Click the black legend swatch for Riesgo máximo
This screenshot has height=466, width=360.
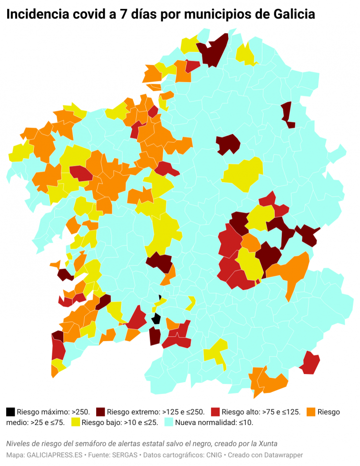coord(10,412)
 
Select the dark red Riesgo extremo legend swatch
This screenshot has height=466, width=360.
coord(100,412)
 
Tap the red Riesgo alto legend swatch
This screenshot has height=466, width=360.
coord(215,412)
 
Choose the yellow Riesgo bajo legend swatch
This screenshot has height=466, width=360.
coord(75,422)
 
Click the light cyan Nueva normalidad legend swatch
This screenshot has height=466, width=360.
coord(169,422)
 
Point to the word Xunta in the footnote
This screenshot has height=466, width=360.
coord(268,444)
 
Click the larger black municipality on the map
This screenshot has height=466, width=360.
coord(156,318)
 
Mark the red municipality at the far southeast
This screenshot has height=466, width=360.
coord(310,363)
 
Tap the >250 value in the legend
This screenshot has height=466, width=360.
coord(80,412)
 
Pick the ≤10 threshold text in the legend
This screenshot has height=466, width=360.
coord(245,422)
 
